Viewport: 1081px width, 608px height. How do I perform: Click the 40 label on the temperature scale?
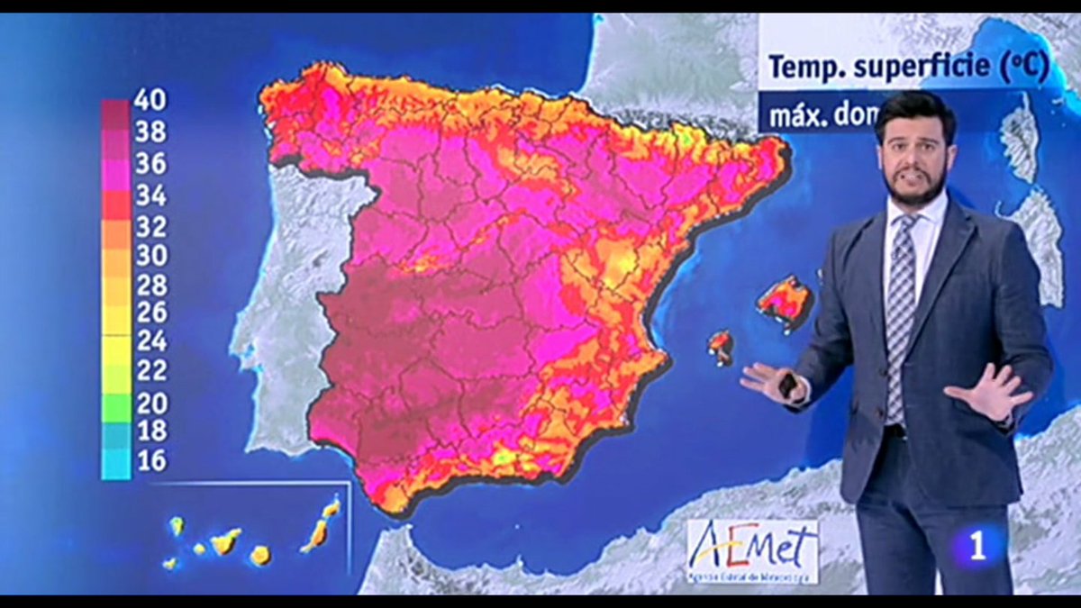click(x=150, y=101)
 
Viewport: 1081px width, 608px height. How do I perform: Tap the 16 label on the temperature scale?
click(x=150, y=461)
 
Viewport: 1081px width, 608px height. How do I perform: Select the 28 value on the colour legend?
click(x=150, y=286)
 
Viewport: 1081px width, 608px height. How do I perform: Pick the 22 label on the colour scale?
click(x=150, y=370)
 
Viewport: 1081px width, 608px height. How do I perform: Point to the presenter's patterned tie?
click(x=900, y=306)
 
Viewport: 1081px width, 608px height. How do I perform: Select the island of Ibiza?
click(x=720, y=345)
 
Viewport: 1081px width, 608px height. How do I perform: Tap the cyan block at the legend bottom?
click(x=115, y=464)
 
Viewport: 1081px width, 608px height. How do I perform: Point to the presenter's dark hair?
click(x=914, y=113)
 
